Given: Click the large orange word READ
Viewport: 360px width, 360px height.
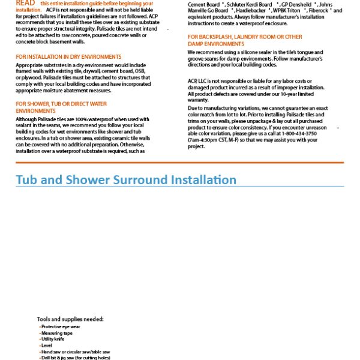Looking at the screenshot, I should (x=26, y=4).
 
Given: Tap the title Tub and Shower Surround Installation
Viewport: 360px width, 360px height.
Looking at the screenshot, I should (x=126, y=179).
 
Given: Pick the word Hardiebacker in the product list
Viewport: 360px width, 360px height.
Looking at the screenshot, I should (x=256, y=10).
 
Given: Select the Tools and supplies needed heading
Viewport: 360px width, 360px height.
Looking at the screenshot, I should (x=70, y=319).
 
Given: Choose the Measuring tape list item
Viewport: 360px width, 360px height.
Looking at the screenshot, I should (x=57, y=333).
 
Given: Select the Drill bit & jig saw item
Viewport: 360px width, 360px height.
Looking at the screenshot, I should (x=76, y=358).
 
